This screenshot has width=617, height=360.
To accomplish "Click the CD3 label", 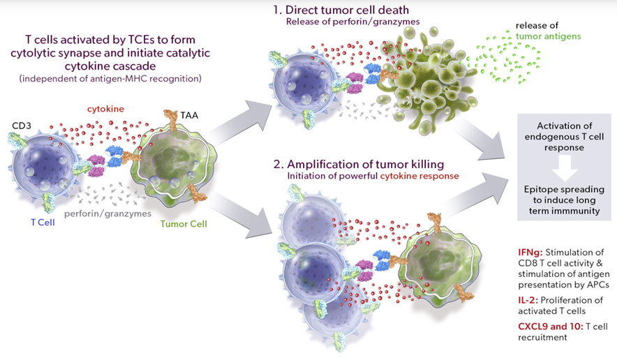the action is pos(21,126).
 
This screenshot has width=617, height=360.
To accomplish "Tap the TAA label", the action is pos(189,115).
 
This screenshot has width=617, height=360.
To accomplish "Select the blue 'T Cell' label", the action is pos(43,223).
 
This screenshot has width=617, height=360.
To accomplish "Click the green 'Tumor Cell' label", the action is pos(184,224).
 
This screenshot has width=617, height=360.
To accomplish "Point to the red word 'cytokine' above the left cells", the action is pos(105,109).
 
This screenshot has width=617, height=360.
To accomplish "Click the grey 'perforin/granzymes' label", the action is pos(107,213).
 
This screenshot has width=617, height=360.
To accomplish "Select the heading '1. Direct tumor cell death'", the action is pos(341,10).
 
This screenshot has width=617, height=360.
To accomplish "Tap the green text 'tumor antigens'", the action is pos(548,36).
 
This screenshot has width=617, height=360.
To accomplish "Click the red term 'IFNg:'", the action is pos(530,252).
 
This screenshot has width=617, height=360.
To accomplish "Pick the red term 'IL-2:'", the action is pos(528,300).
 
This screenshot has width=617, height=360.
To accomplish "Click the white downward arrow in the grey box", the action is pos(564,167).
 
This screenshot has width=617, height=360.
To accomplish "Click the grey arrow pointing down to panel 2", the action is pos(237,216).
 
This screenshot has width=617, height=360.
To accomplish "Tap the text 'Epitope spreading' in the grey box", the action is pos(564,189).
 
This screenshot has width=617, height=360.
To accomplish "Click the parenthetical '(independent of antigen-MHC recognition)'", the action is pos(110,79).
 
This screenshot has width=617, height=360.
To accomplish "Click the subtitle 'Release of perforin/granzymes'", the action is pos(352,22).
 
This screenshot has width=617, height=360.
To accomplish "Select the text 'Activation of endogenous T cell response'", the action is pos(564,137).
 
